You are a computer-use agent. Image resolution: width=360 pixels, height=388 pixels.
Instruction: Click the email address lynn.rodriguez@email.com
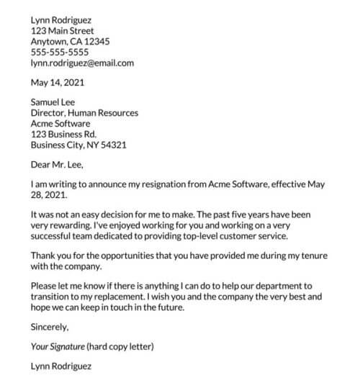[82, 63]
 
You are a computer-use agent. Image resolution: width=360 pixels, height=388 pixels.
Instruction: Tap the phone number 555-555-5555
[60, 52]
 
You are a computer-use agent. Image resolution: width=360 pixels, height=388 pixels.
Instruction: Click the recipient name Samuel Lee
[53, 102]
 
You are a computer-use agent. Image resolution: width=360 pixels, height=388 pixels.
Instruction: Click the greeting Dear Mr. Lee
[58, 164]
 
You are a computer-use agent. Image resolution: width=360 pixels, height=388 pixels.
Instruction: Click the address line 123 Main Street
[63, 31]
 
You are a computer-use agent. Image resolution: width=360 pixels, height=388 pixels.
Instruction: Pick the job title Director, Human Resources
[84, 113]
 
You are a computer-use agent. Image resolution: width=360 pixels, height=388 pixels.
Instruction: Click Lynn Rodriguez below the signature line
[61, 366]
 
